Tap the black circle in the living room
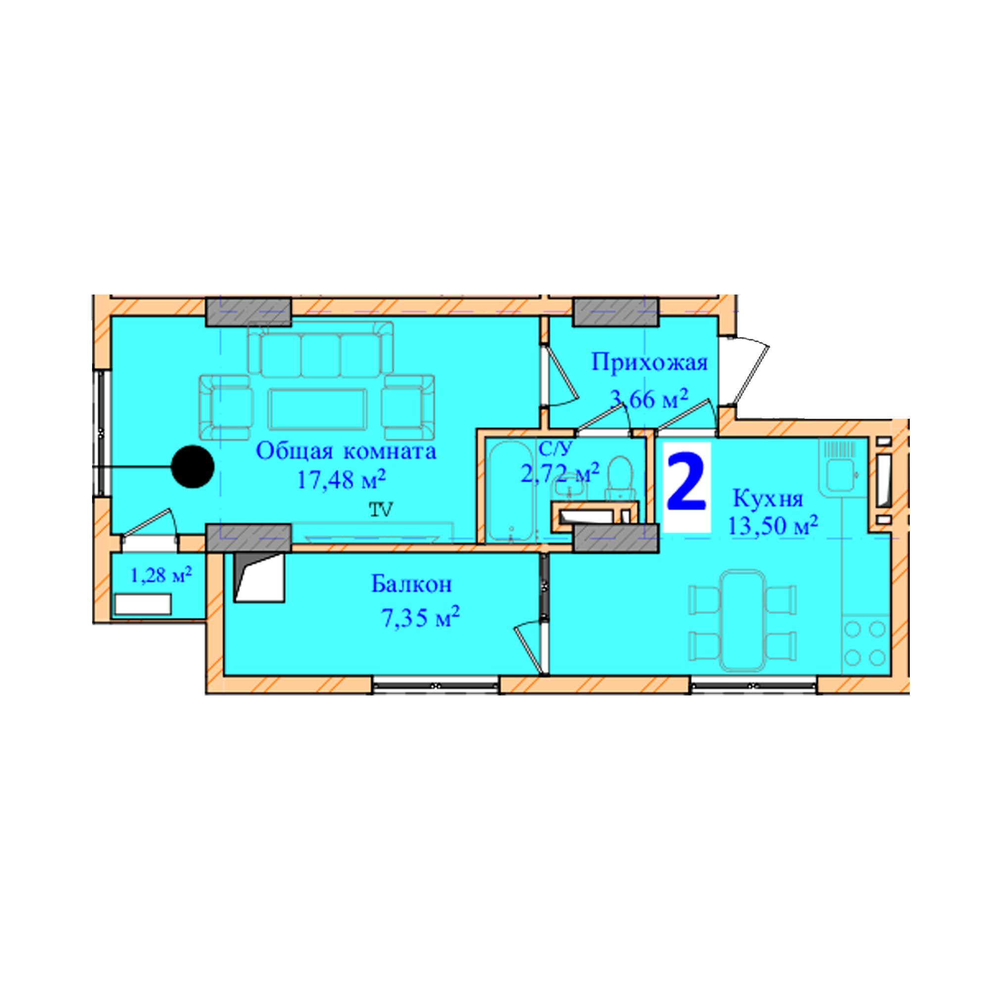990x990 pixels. coord(193,466)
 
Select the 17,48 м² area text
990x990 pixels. coord(341,480)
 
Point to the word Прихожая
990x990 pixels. coord(649,363)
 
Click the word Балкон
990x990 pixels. coord(411,584)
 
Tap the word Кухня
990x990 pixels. coord(768,498)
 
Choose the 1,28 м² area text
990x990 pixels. coord(161,576)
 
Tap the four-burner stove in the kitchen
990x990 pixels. coord(864,643)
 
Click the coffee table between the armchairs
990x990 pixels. coord(318,408)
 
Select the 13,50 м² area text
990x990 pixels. coord(772,526)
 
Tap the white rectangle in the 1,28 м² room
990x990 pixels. coord(143,605)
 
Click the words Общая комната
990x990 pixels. coord(346,451)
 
